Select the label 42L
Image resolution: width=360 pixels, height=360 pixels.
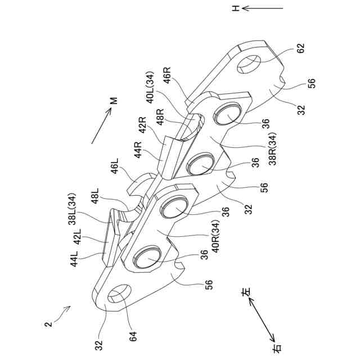tap(79, 235)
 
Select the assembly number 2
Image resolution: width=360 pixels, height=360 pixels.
tap(49, 323)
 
